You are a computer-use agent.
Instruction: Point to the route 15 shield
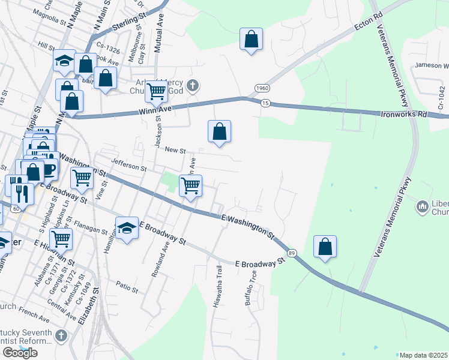[x=265, y=104]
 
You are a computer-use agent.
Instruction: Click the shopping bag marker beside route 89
[x=325, y=247]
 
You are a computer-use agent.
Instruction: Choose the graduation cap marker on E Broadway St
[x=127, y=228]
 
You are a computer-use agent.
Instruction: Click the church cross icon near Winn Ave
[x=192, y=86]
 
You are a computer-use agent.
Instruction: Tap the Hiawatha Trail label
[x=217, y=292]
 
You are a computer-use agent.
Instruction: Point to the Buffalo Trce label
[x=251, y=289]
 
